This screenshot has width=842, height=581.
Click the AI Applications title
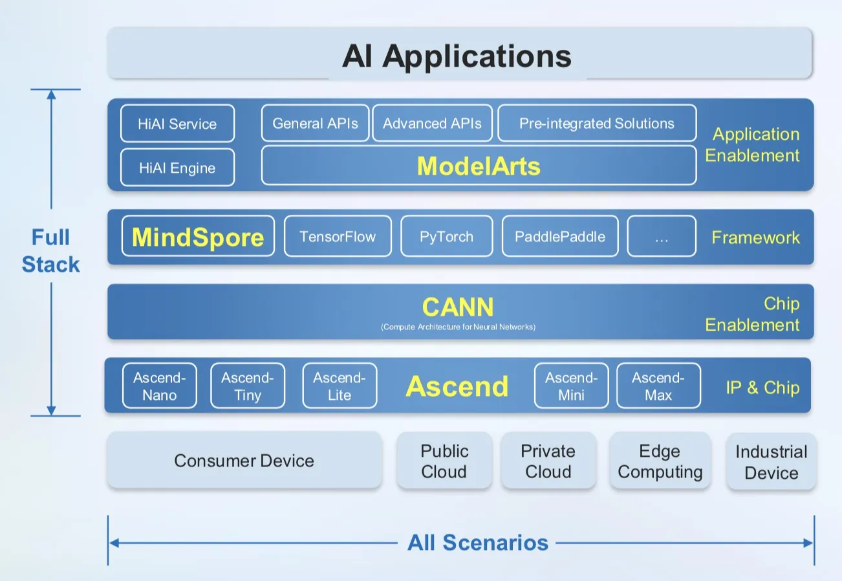(x=457, y=56)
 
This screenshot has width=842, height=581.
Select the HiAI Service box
(x=177, y=124)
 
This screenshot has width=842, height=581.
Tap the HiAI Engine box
(x=177, y=168)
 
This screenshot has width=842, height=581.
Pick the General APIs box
(x=315, y=123)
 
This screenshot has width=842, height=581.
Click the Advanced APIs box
(x=432, y=123)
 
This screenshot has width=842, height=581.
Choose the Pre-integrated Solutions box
(x=596, y=123)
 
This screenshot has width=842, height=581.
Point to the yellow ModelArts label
(x=478, y=166)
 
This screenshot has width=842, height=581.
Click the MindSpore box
(x=198, y=237)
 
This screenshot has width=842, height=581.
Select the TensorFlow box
(x=338, y=237)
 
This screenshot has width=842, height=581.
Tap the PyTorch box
(x=446, y=237)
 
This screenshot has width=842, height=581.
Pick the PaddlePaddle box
(x=560, y=237)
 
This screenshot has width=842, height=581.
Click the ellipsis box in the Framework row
(x=661, y=237)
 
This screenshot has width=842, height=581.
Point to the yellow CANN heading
(x=457, y=307)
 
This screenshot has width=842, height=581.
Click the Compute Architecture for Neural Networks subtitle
(x=457, y=327)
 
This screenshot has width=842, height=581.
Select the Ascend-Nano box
(x=159, y=386)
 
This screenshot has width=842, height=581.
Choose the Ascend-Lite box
(x=339, y=386)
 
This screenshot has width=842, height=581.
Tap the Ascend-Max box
(x=658, y=386)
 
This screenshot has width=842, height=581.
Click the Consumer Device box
(x=244, y=461)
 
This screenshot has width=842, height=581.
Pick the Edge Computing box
(x=660, y=461)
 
